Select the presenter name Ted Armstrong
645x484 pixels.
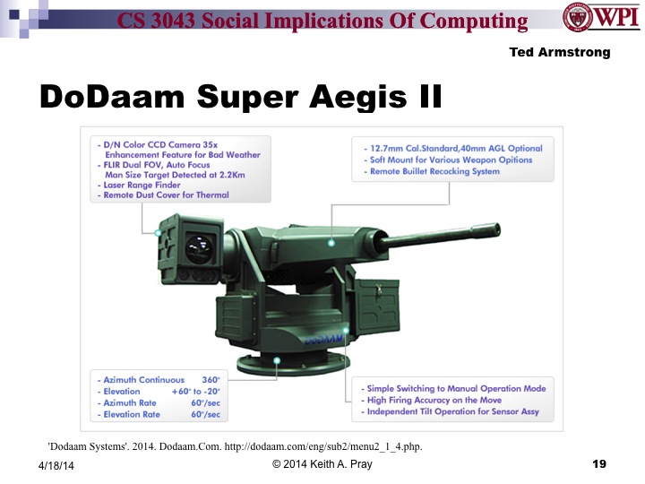pos(559,52)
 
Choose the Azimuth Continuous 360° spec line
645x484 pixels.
pos(159,380)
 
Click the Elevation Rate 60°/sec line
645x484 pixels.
pos(159,414)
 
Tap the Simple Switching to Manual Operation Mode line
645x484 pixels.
pos(455,389)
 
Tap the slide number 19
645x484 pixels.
pos(599,463)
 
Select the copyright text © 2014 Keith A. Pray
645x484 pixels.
pos(322,463)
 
